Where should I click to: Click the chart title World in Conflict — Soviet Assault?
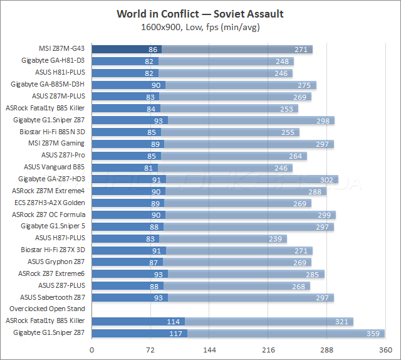point(200,14)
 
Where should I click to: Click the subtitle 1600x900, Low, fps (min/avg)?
point(200,27)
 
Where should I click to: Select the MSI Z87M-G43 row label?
point(61,49)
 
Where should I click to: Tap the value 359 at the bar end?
point(375,333)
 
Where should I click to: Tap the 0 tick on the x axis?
point(92,349)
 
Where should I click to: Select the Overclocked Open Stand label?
point(47,309)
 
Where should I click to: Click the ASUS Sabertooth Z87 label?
point(53,297)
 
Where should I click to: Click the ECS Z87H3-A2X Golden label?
point(49,203)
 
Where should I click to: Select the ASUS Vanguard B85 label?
point(54,167)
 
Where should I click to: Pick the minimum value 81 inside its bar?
point(148,167)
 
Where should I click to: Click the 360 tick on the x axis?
point(384,349)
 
